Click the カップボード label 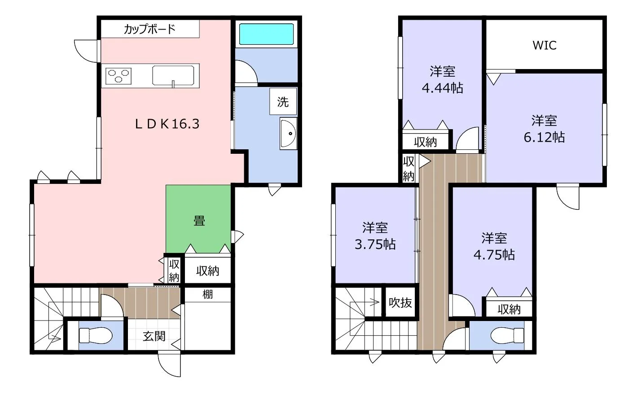pos(149,29)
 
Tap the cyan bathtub pos(266,34)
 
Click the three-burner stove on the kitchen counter pos(119,76)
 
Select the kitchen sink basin pos(173,75)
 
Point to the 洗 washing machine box pos(283,101)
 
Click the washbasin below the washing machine pos(288,133)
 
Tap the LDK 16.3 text pos(167,124)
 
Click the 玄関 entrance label pos(154,336)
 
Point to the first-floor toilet pos(96,335)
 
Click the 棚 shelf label pos(207,294)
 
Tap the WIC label pos(544,45)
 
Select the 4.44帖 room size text pos(443,88)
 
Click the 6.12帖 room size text pos(544,137)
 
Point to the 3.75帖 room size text pos(375,244)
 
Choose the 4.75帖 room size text pos(494,255)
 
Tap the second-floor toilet pos(507,335)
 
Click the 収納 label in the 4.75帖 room pos(509,309)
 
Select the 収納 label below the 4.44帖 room pos(425,142)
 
